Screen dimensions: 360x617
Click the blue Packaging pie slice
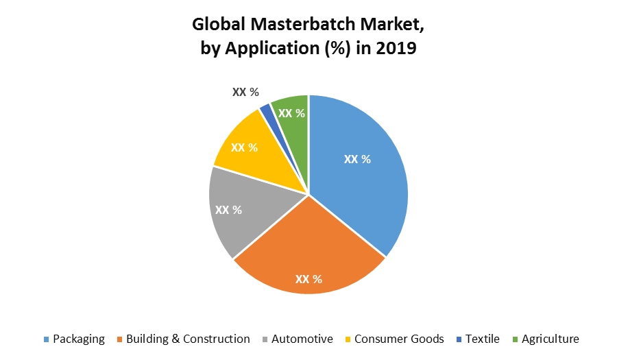pos(363,185)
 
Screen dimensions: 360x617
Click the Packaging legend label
pos(79,339)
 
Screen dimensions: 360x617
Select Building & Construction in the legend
pos(188,339)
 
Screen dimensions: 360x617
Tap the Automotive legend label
pos(302,339)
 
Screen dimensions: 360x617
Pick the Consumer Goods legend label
pos(399,339)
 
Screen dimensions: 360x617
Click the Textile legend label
pos(482,339)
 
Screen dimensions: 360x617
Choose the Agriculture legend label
pos(550,339)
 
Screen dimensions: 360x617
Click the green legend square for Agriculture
pos(515,339)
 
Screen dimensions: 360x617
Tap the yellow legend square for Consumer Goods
pos(348,339)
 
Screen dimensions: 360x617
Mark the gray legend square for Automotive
pos(265,339)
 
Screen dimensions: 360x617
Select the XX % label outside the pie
pos(245,92)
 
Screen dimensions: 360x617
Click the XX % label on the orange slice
pos(308,279)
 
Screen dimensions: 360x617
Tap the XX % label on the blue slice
pos(357,159)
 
